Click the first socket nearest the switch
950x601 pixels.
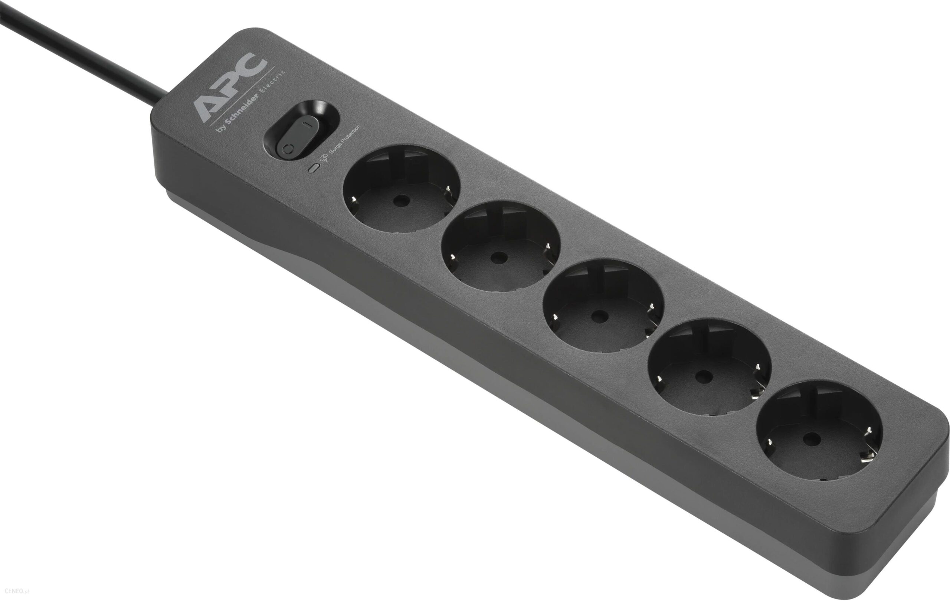[402, 188]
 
